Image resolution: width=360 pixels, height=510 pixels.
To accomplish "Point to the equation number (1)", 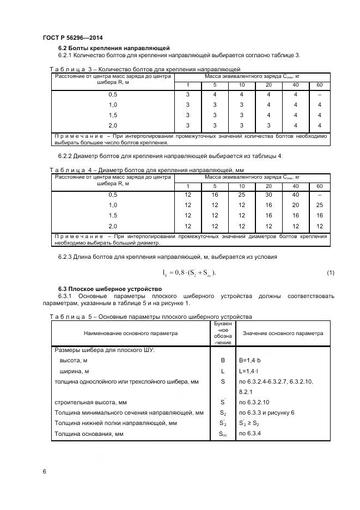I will click(x=330, y=272).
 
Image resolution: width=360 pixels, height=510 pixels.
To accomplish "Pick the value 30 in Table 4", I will click(x=268, y=195).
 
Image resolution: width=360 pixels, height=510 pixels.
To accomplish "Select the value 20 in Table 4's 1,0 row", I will click(x=295, y=205).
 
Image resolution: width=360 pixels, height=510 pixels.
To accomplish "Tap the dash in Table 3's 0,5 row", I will click(x=319, y=95).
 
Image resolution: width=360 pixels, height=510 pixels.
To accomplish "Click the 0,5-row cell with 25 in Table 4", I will click(x=241, y=195).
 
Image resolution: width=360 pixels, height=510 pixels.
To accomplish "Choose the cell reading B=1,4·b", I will click(x=251, y=361).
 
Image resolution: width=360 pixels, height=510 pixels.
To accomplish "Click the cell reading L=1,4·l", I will click(x=249, y=371).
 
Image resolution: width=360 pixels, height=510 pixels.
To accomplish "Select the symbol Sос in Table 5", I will click(x=222, y=434).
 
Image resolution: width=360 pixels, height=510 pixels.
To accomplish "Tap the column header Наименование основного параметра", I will click(x=130, y=333).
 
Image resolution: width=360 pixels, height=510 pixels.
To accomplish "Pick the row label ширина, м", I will click(x=75, y=371).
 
